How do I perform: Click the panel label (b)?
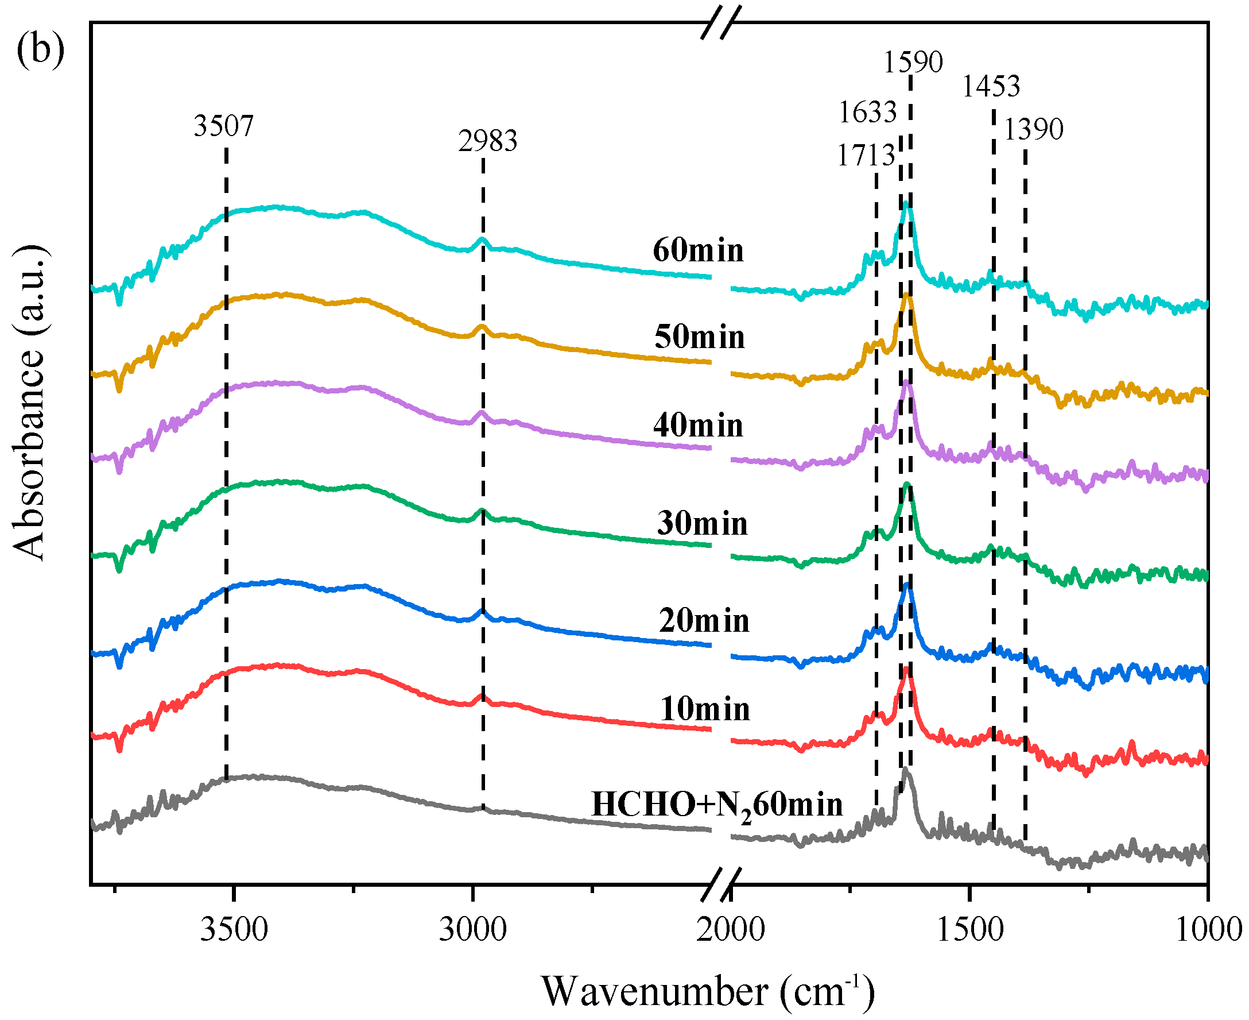[x=40, y=51]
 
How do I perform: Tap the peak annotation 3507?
[x=223, y=126]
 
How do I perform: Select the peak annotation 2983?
[x=487, y=141]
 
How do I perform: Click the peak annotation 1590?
[x=913, y=61]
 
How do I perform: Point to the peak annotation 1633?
[x=867, y=112]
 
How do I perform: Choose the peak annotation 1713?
[x=866, y=156]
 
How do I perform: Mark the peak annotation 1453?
[x=991, y=86]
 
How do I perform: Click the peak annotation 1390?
[x=1034, y=129]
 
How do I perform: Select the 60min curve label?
[x=698, y=250]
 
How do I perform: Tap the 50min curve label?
[x=699, y=337]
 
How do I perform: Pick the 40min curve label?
[x=698, y=426]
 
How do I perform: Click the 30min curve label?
[x=703, y=524]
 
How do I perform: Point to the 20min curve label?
[x=704, y=621]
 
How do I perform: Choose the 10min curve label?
[x=705, y=709]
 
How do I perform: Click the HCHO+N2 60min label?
[x=716, y=805]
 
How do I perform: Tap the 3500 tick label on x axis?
[x=234, y=930]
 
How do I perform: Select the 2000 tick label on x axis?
[x=731, y=930]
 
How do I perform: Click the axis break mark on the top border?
[x=721, y=24]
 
